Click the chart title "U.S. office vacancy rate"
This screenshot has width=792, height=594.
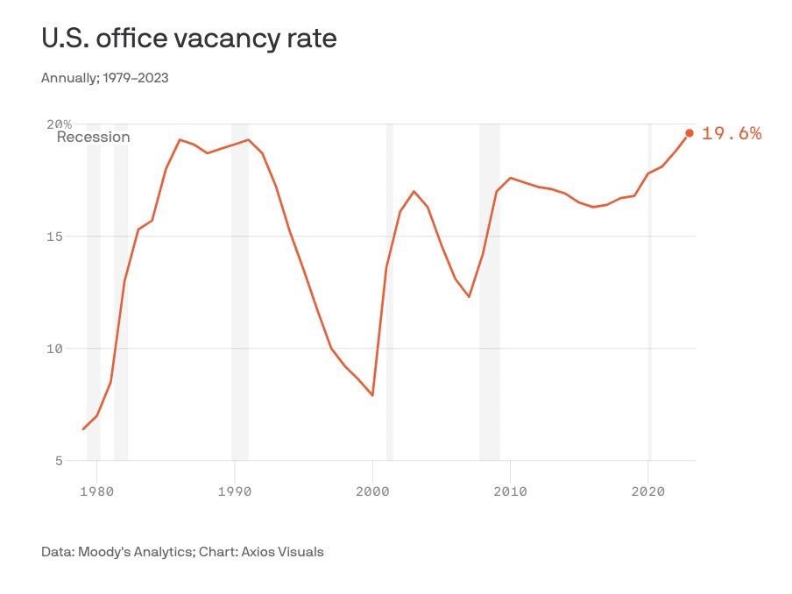[188, 39]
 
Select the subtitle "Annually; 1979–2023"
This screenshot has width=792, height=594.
[104, 78]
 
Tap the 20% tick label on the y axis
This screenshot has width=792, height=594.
[60, 124]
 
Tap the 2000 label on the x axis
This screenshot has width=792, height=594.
[372, 491]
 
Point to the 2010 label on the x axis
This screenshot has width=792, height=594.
[510, 491]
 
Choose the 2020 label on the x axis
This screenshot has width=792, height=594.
[647, 491]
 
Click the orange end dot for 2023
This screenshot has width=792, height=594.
[689, 133]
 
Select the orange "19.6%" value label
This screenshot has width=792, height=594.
[732, 134]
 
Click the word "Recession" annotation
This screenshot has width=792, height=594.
[93, 138]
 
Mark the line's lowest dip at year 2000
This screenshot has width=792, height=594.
[372, 395]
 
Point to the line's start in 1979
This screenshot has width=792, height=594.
[83, 429]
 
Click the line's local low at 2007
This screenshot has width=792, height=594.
[469, 296]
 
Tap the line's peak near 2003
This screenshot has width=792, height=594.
[414, 191]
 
